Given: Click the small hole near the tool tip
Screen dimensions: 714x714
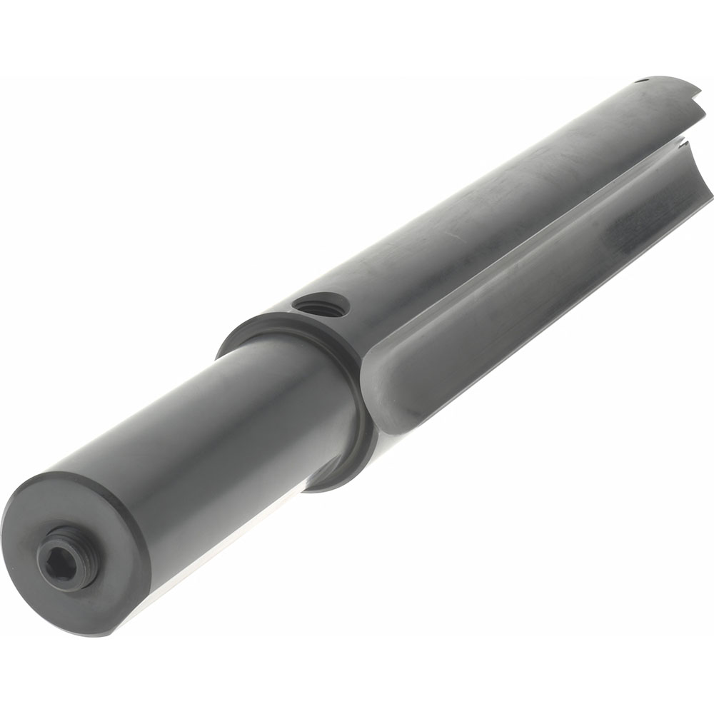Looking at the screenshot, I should (x=640, y=81).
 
